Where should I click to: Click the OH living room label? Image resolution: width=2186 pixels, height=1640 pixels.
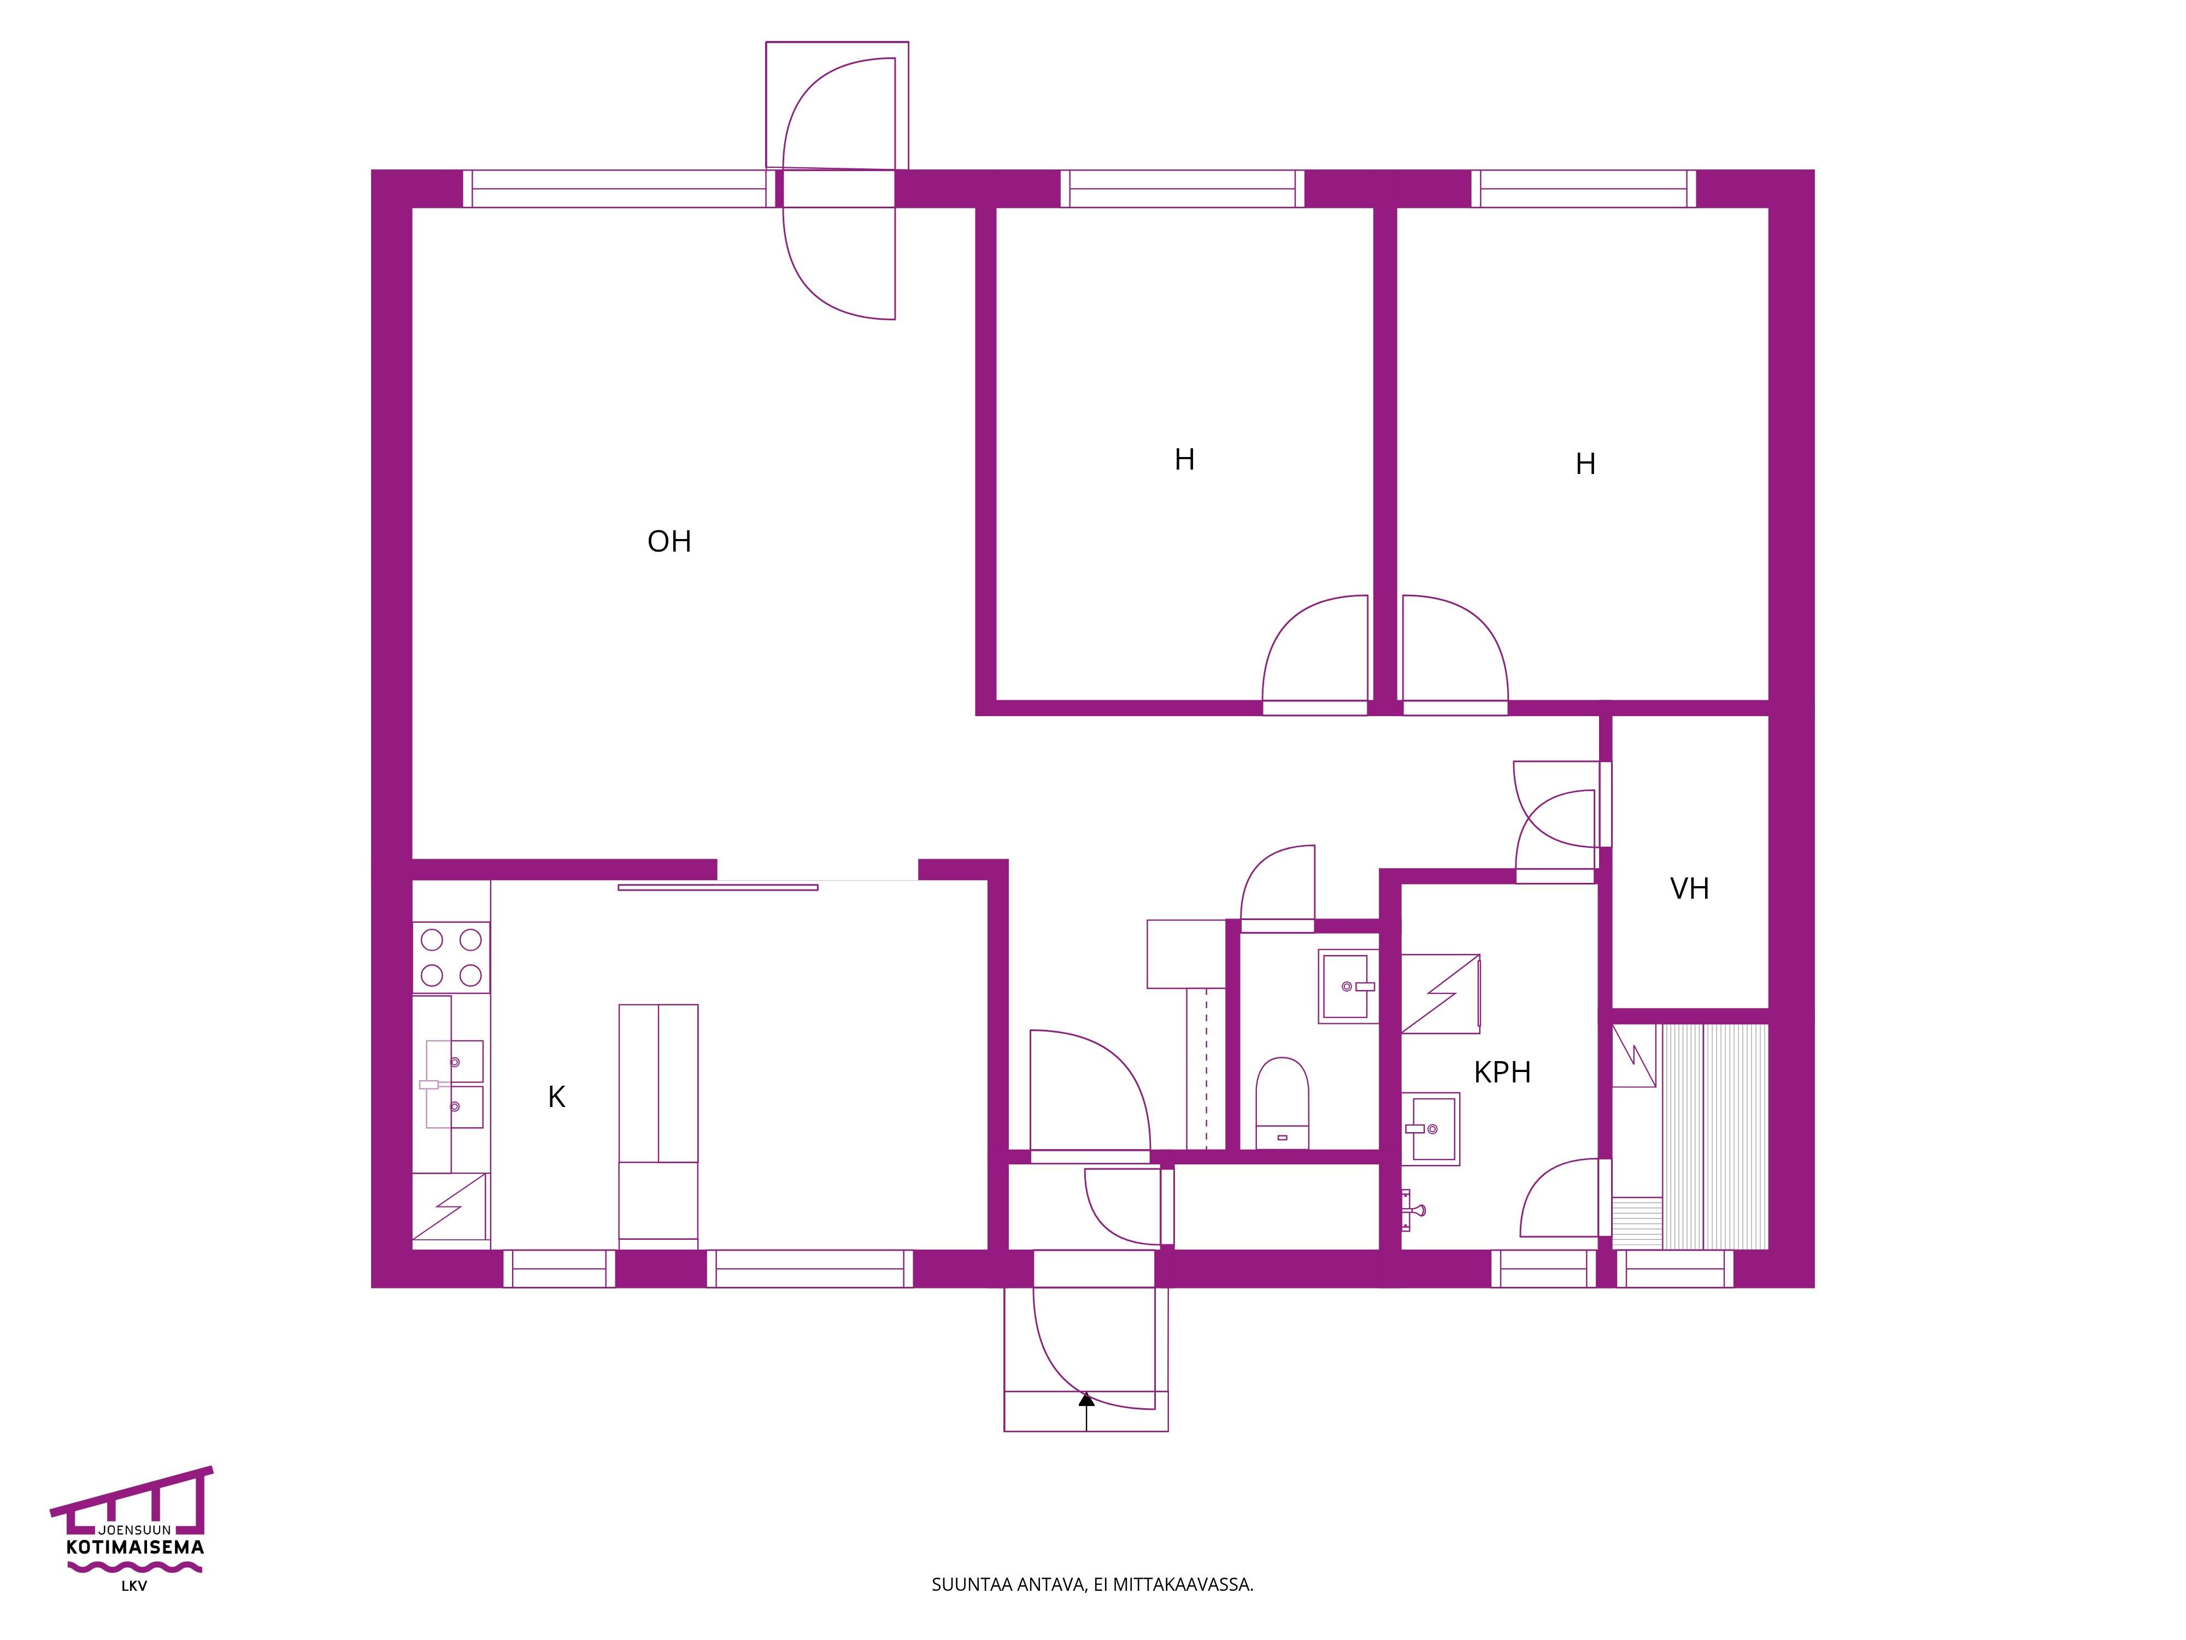(x=669, y=542)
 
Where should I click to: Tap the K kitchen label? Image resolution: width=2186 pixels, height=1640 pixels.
(x=556, y=1096)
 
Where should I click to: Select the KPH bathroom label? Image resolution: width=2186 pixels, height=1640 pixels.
(x=1502, y=1073)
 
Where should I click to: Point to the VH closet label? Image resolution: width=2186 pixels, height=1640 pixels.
(x=1689, y=889)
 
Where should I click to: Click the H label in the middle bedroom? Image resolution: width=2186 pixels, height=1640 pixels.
(x=1184, y=460)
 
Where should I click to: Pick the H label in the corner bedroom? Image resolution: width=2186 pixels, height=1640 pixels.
(x=1585, y=464)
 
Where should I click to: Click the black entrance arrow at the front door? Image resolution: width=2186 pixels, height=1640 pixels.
(x=1086, y=1410)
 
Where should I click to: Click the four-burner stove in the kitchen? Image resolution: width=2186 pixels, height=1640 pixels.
(x=451, y=957)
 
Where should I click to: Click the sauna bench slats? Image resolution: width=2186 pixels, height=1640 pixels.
(x=1714, y=1137)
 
